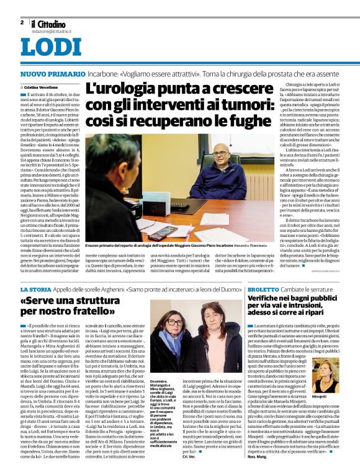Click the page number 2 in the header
click(x=22, y=22)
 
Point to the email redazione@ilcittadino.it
click(x=53, y=30)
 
